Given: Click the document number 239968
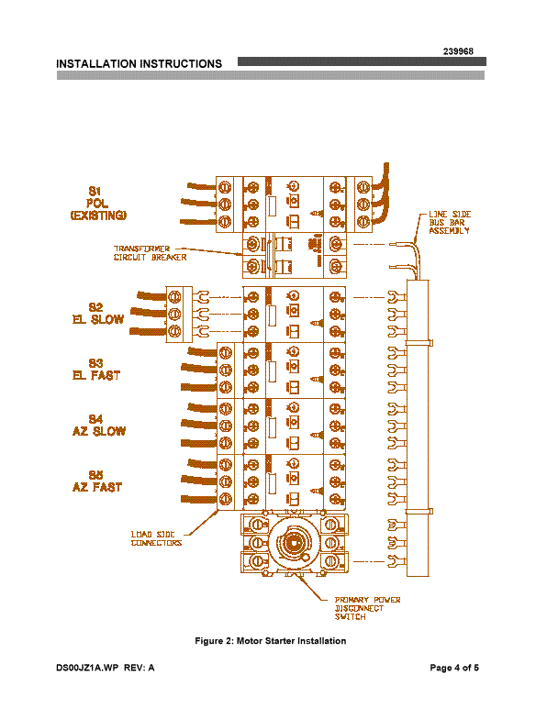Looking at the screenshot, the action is pos(458,51).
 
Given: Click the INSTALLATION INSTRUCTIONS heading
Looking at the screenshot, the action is pos(140,64).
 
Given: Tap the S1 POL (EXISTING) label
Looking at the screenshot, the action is pos(98,204).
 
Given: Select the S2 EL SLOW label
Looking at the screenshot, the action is pos(97,314).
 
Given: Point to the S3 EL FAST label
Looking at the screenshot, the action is pos(96,370).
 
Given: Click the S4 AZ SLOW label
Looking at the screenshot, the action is pos(99,426).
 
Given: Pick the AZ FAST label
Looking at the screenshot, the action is pos(97,487).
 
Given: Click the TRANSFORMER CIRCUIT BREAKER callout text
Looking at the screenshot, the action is pos(151,253).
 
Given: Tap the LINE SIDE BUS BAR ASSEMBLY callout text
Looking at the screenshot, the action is pos(450,222).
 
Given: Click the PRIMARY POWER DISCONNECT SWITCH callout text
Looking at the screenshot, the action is pos(367,609).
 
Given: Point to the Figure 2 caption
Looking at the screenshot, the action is pos(270,640).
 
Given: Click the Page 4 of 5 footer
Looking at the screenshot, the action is pos(454,668).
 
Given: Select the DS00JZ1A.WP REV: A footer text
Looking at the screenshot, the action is pos(105,668).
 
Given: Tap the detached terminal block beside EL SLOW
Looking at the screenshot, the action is pos(179,315).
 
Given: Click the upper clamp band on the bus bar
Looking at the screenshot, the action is pos(419,343).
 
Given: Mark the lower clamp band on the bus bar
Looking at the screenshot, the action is pos(419,512).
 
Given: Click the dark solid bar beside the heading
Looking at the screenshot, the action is pos(362,62).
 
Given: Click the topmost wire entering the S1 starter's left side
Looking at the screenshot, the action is pos(202,186).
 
